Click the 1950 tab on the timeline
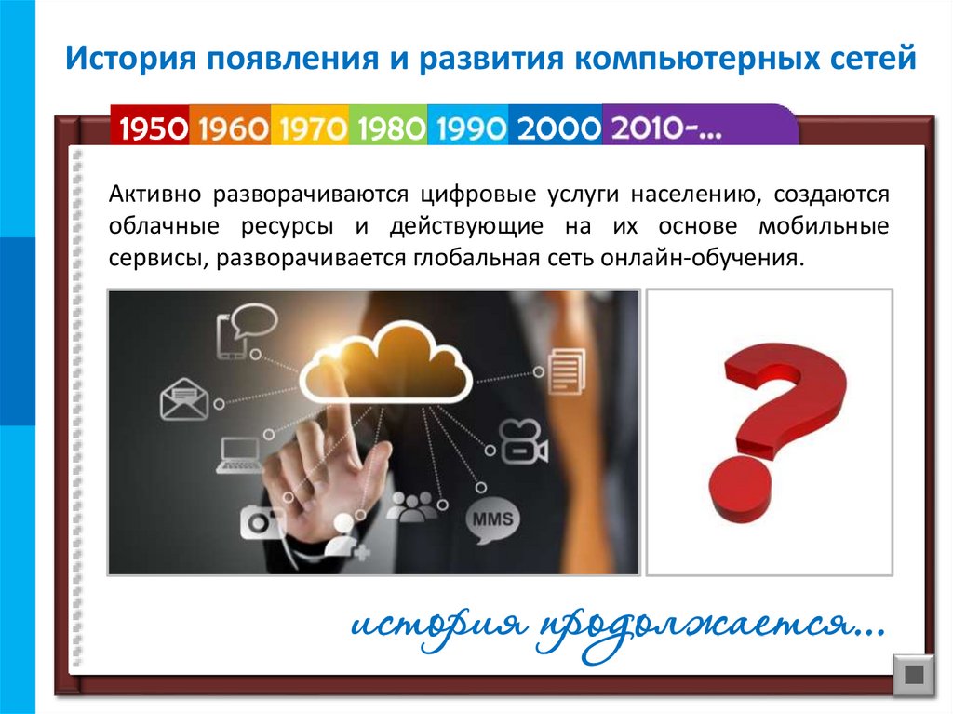pyautogui.click(x=151, y=128)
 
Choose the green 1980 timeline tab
pyautogui.click(x=389, y=128)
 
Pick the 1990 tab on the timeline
pyautogui.click(x=469, y=128)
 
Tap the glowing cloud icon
pyautogui.click(x=384, y=363)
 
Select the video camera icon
pyautogui.click(x=522, y=441)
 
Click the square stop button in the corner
pyautogui.click(x=912, y=674)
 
